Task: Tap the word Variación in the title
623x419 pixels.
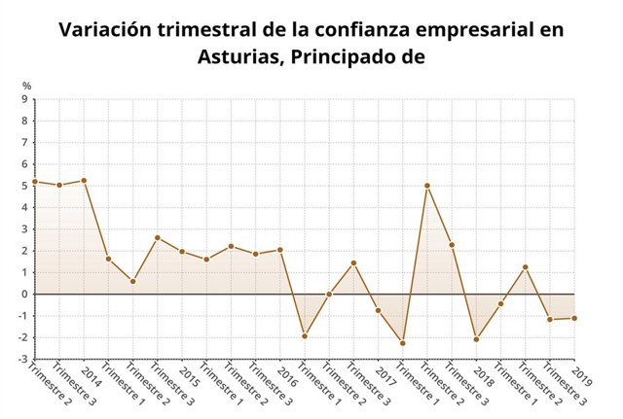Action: click(107, 29)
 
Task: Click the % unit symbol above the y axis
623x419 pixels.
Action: click(27, 87)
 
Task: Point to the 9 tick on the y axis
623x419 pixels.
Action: click(24, 99)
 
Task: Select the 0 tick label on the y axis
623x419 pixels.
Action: click(24, 294)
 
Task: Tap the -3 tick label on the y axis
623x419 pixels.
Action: click(22, 359)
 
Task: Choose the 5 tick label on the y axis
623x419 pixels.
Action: click(24, 186)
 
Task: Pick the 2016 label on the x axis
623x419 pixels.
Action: click(289, 376)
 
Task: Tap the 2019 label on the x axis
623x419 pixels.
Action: click(582, 376)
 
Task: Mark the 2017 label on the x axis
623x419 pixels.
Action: click(386, 376)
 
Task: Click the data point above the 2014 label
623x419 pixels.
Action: click(84, 181)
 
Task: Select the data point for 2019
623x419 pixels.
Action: click(574, 318)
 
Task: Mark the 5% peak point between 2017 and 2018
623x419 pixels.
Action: click(427, 186)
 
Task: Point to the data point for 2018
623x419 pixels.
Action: click(477, 339)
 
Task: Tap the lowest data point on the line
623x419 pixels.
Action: click(403, 343)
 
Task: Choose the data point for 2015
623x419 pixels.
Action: click(182, 252)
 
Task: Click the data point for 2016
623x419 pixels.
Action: click(280, 250)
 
